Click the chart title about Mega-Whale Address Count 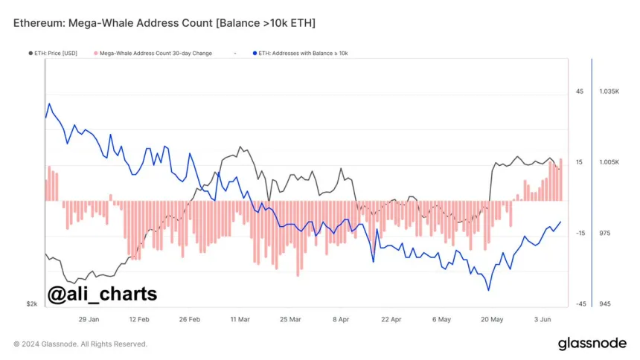(164, 23)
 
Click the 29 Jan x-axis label (89, 319)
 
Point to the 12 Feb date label (139, 319)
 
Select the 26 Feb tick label (190, 319)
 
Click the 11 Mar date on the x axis (240, 319)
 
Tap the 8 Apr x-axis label (340, 319)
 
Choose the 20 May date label (492, 319)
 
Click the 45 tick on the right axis (579, 91)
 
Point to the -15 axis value (580, 233)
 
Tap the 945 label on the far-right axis (605, 303)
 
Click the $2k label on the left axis (32, 303)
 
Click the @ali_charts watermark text (102, 294)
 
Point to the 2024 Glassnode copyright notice (80, 344)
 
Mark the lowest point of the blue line (489, 290)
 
